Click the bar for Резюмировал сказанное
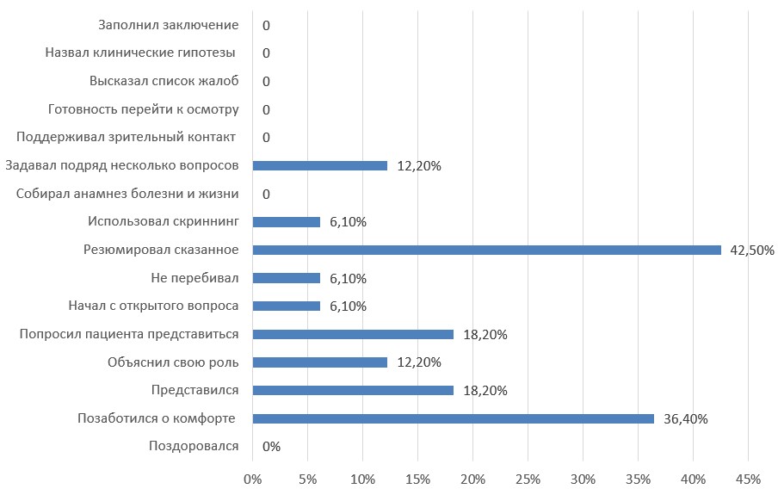(486, 251)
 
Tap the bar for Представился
(353, 391)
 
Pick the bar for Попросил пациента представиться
(353, 335)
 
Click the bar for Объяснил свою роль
(320, 362)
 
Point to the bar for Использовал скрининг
(287, 222)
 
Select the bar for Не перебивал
(287, 279)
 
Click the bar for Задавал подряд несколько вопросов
(320, 166)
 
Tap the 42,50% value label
(750, 251)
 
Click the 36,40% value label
(685, 419)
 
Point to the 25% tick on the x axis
(528, 477)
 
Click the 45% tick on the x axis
(747, 477)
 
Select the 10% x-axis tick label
(362, 477)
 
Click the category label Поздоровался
(194, 447)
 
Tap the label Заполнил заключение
(168, 25)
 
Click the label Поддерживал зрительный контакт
(127, 138)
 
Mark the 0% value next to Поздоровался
(271, 447)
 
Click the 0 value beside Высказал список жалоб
(266, 82)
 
